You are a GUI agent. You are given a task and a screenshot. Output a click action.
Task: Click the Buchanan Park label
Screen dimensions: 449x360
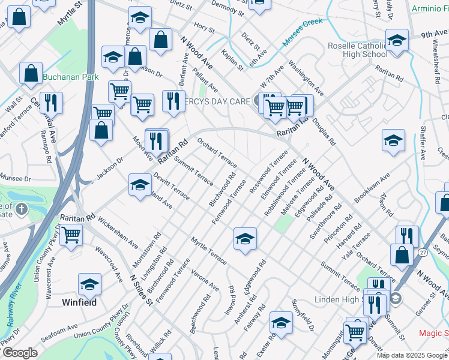[x=70, y=77]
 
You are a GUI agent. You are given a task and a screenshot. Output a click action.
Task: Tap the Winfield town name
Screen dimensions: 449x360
[x=80, y=302]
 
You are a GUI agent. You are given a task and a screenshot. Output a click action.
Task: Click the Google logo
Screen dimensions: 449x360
[x=20, y=353]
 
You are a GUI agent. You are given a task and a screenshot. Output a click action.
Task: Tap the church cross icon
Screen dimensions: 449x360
[x=22, y=209]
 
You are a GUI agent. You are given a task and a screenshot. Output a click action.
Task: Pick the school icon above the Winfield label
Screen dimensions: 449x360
[x=89, y=284]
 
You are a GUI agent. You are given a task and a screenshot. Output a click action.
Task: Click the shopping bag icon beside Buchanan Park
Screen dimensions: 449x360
[x=31, y=73]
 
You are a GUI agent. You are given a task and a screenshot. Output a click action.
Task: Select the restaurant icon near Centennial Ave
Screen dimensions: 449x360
[x=51, y=103]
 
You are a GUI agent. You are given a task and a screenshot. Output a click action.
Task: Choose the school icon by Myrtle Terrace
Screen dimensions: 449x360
[x=244, y=239]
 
